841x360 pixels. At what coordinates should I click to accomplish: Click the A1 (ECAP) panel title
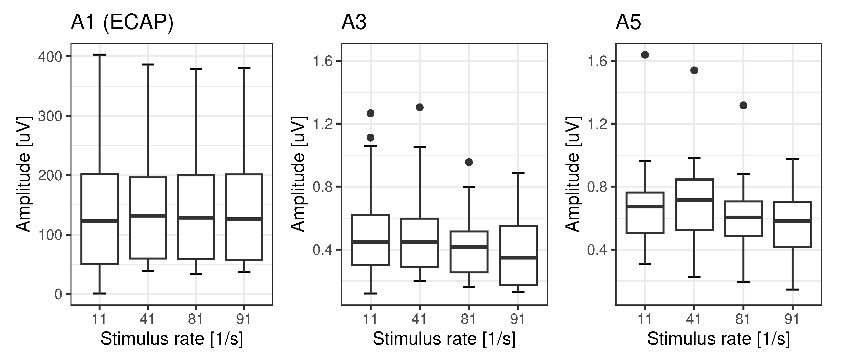tap(122, 23)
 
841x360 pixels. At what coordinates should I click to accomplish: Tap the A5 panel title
tap(628, 23)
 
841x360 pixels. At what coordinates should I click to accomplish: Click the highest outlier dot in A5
tap(645, 55)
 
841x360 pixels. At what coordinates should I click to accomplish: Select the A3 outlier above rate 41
tap(420, 107)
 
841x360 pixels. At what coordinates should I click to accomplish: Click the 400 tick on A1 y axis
tap(50, 57)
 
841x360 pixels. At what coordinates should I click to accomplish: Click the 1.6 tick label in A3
tap(322, 61)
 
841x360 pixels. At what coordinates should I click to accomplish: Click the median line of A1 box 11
tap(100, 221)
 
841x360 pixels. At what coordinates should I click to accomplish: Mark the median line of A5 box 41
tap(694, 200)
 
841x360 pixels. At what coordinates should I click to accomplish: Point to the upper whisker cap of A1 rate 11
tap(100, 55)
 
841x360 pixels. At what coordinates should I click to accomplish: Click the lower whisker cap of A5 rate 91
tap(792, 290)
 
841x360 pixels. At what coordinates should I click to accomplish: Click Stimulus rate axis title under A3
tap(444, 339)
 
